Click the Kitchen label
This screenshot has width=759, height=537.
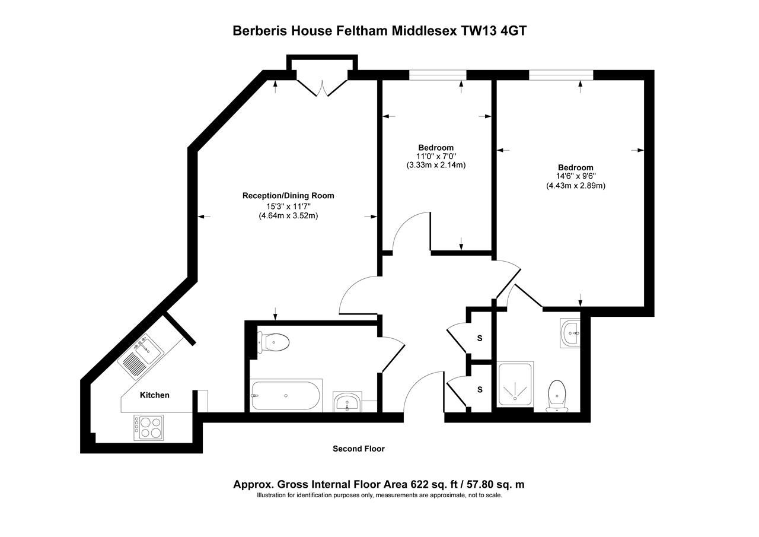154,395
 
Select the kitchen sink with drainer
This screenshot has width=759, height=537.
139,355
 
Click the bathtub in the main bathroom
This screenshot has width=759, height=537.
286,395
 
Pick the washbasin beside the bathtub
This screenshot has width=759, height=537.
346,403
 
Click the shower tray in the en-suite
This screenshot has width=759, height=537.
515,384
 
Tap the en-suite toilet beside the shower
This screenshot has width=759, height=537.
557,394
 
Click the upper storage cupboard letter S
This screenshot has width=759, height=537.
480,339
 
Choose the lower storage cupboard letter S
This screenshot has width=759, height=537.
480,390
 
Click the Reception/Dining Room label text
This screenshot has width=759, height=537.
288,196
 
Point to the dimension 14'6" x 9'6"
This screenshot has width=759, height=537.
575,177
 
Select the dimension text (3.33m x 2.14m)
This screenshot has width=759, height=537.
436,166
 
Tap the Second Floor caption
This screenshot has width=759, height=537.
358,449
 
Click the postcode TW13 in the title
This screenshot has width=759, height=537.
479,31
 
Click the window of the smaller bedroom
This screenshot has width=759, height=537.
438,75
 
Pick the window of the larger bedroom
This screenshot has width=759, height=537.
560,75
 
